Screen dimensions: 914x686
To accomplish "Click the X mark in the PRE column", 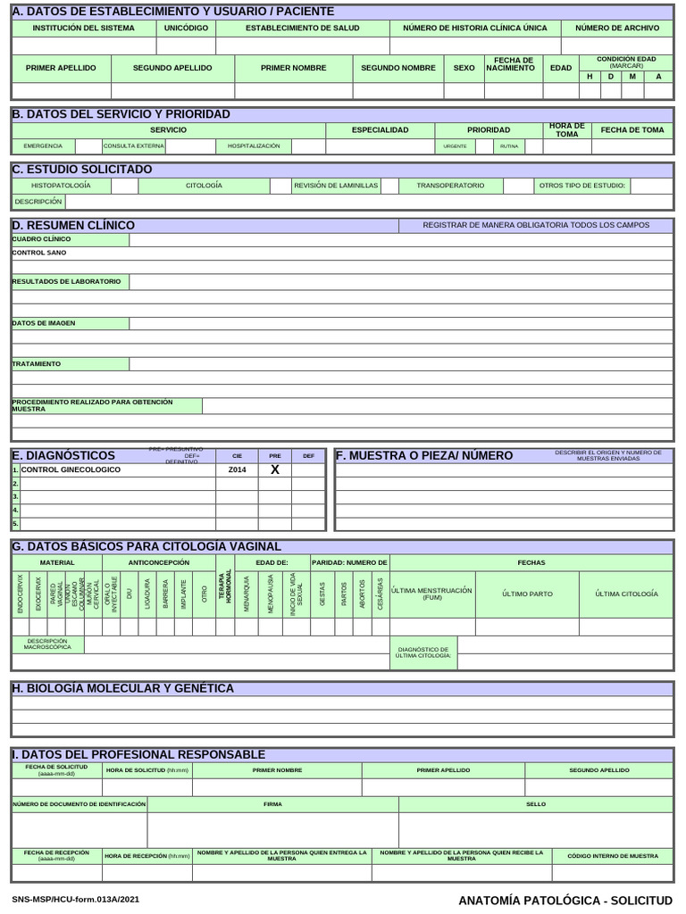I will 275,469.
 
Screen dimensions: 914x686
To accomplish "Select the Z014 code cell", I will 237,469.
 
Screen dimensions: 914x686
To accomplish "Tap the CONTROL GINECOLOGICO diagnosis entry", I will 71,469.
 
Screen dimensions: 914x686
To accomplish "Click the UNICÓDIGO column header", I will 186,28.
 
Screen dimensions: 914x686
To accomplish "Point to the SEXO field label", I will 464,68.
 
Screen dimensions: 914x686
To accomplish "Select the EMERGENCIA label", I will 43,145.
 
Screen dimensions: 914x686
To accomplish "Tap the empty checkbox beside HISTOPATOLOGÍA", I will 124,186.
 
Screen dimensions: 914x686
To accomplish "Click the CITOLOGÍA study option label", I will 204,186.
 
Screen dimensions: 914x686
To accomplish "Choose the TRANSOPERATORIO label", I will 450,186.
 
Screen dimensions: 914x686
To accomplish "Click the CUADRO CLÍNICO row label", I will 42,239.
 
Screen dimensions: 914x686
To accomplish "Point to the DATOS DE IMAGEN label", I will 44,322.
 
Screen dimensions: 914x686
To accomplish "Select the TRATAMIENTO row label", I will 37,364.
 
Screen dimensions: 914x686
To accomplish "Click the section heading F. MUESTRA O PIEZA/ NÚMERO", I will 424,455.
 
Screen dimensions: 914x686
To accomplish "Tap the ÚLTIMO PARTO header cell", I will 527,594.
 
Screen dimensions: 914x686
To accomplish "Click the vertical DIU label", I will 129,594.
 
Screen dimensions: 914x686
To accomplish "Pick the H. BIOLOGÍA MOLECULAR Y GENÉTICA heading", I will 122,688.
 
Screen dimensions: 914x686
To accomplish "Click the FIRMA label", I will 272,804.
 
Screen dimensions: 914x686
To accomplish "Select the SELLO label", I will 536,804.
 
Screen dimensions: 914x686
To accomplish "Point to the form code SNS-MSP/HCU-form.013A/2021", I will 75,901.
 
